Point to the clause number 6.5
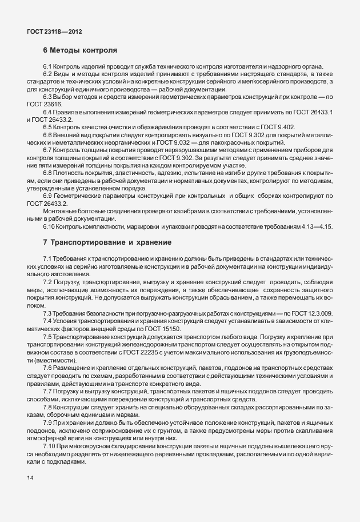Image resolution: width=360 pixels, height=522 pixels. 47,126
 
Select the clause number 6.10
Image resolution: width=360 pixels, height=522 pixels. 49,227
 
